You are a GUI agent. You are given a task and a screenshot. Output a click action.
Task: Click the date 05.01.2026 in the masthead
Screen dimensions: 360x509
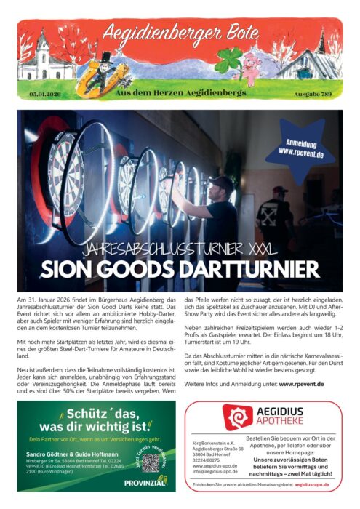tap(44, 95)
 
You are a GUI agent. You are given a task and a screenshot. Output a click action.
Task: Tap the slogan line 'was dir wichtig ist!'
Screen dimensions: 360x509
tap(95, 425)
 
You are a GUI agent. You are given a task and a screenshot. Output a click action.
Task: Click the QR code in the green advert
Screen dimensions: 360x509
tap(151, 463)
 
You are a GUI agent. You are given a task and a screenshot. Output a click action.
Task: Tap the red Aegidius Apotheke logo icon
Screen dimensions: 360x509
tap(238, 417)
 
